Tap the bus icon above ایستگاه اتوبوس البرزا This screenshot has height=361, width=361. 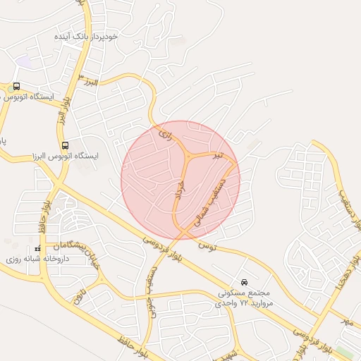click(65, 146)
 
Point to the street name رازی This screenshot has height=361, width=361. click(165, 131)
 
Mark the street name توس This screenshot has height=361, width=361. click(205, 246)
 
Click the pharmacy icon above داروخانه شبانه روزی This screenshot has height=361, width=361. click(38, 250)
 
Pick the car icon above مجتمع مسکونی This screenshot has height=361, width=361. click(244, 281)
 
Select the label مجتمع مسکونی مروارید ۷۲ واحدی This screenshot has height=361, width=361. click(244, 297)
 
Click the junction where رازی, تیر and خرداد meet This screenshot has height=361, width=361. click(188, 155)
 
